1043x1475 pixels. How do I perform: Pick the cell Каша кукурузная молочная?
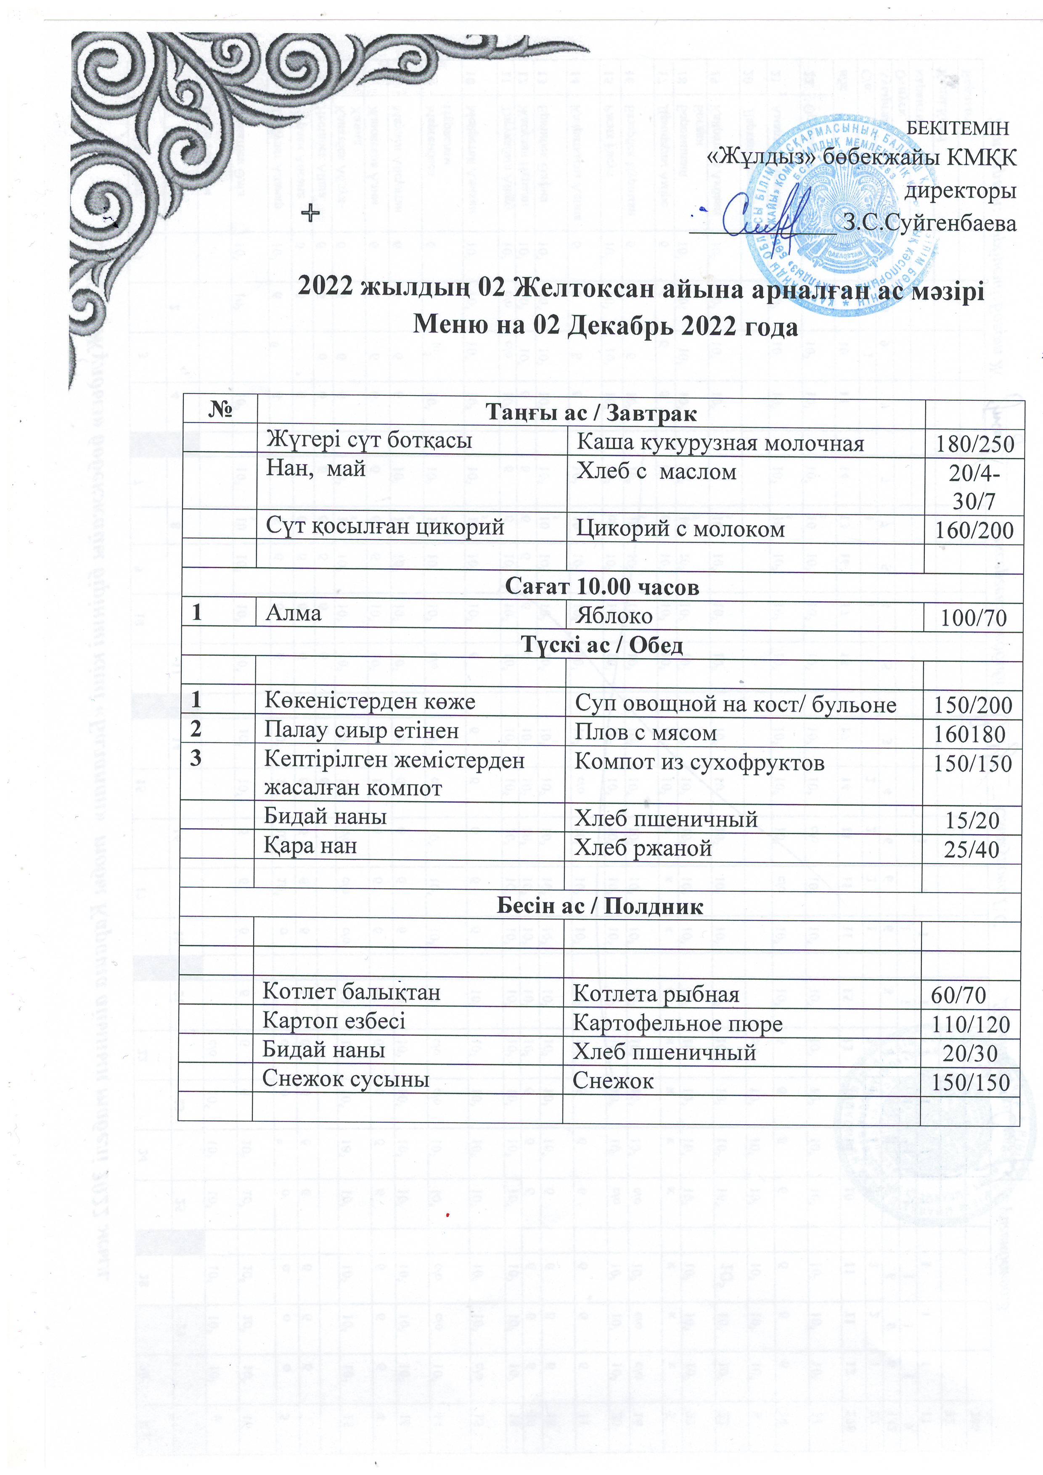(720, 443)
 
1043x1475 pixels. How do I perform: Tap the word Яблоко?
(614, 616)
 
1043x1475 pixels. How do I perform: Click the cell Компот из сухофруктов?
(699, 763)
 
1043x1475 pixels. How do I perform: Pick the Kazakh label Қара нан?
(310, 846)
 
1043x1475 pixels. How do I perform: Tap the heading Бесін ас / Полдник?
(600, 907)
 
